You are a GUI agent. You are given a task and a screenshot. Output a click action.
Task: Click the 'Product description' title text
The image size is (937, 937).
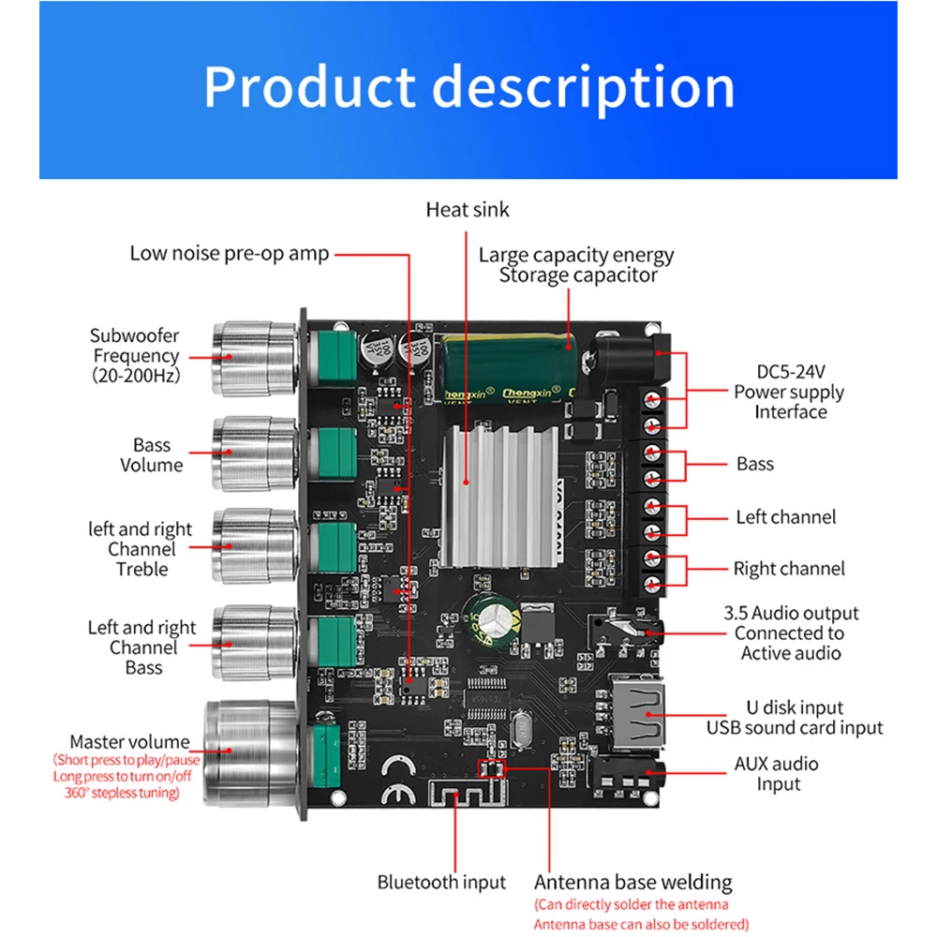point(468,87)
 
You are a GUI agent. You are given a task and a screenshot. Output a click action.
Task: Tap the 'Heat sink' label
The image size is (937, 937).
point(468,209)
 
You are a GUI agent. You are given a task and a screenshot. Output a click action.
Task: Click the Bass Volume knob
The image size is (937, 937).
point(253,453)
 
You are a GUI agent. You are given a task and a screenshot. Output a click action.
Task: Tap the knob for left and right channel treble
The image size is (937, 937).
point(253,546)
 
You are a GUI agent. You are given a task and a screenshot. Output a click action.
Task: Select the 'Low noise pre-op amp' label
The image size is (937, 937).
point(230,253)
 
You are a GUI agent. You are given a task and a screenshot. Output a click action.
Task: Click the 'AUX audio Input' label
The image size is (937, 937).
point(777,774)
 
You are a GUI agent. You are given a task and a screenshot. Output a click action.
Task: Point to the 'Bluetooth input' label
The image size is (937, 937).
point(441,882)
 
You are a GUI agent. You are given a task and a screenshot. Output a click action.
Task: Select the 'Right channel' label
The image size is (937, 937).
point(788,569)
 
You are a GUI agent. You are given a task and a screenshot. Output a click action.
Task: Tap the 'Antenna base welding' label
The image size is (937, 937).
point(633,882)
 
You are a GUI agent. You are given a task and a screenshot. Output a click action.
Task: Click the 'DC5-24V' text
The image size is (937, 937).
point(788,372)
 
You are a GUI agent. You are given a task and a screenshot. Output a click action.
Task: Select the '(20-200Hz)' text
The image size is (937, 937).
point(136,376)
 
